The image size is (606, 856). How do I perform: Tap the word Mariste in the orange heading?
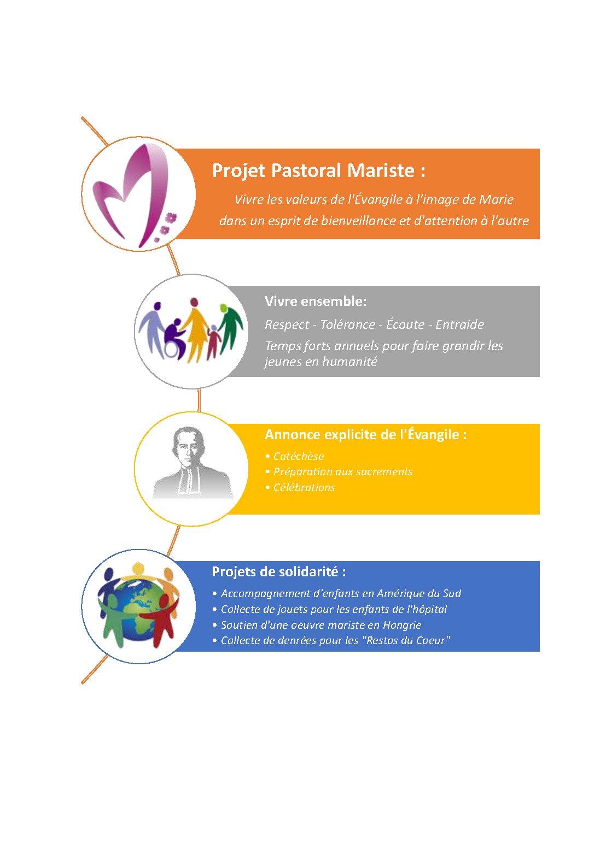coord(381,170)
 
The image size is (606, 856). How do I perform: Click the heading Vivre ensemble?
coord(316,301)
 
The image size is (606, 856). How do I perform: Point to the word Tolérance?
coord(347,324)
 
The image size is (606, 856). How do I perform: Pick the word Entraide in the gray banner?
coord(460,324)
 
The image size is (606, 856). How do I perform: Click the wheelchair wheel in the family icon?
coord(174,347)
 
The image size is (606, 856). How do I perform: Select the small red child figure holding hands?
coord(213,342)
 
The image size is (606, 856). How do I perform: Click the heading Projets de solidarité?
coord(279,572)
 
